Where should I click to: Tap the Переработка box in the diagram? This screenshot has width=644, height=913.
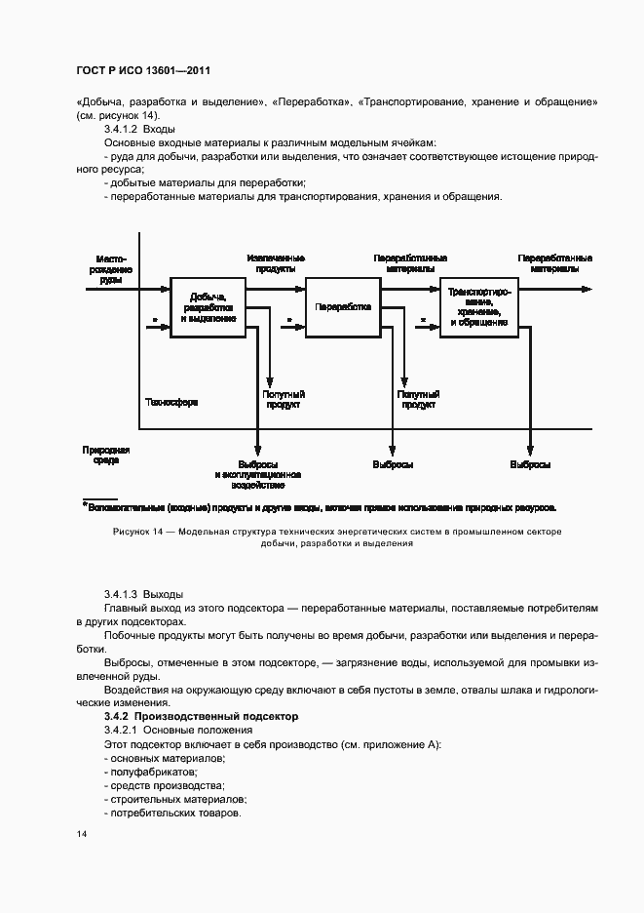click(343, 306)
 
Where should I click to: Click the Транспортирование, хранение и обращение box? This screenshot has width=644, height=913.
click(478, 306)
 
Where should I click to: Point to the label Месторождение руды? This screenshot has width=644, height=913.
click(111, 269)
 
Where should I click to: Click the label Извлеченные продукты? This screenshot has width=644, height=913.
click(276, 263)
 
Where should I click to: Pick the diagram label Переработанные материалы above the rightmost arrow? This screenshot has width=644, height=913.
click(554, 263)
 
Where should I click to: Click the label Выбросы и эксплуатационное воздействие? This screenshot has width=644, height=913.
click(258, 474)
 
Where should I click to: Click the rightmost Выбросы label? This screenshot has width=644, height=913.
click(530, 464)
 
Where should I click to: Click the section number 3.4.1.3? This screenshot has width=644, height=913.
click(121, 594)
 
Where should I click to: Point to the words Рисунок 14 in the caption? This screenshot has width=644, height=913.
click(136, 532)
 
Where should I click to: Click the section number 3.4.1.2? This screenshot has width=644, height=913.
click(121, 129)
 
